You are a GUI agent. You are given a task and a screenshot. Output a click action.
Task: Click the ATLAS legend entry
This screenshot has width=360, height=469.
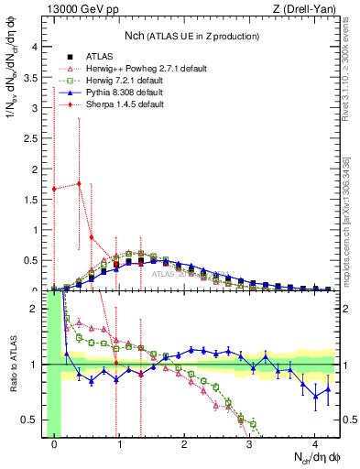[x=99, y=57]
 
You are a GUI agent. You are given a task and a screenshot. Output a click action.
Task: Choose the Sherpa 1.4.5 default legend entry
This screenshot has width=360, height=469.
[x=117, y=104]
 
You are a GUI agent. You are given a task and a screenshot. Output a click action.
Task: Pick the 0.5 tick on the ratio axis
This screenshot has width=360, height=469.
[x=33, y=420]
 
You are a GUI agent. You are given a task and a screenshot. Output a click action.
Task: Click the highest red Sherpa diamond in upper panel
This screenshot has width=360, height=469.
[x=80, y=183]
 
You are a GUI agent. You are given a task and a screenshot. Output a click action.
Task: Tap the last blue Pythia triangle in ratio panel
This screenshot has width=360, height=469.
[x=328, y=389]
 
